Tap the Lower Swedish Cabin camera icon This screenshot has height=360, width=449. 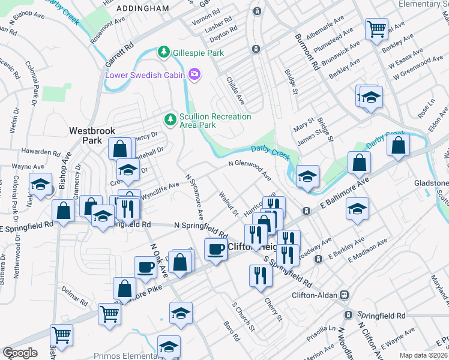(194, 75)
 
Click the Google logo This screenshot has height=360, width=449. (20, 353)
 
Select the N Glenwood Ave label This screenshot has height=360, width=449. (250, 170)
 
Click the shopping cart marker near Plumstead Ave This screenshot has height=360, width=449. (376, 28)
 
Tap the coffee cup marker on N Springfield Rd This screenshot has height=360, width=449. (215, 248)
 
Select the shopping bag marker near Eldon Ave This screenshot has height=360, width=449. (398, 145)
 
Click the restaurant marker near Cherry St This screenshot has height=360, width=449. (260, 275)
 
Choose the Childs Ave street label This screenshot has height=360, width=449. (235, 89)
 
